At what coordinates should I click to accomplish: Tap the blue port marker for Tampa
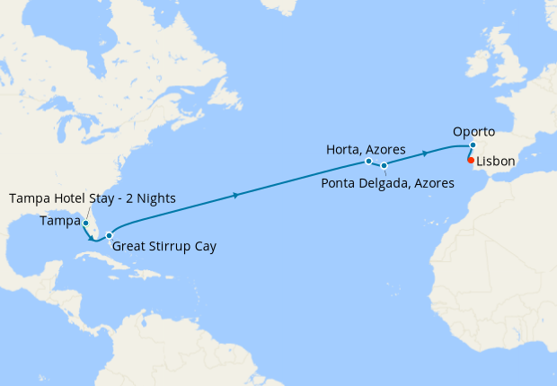(85, 223)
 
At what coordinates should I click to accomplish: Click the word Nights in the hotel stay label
(155, 197)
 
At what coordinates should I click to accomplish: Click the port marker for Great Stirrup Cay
(110, 236)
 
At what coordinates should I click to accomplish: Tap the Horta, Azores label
(367, 148)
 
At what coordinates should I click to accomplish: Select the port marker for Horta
(369, 162)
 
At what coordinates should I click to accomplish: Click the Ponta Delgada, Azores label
(387, 182)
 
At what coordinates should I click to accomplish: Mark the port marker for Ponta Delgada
(385, 165)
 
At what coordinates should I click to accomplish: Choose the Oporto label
(473, 131)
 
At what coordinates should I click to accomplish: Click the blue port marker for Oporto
(473, 145)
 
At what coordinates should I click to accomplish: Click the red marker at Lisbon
(472, 160)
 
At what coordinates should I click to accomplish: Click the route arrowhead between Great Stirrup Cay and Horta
(235, 195)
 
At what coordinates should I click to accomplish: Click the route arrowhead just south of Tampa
(91, 237)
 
